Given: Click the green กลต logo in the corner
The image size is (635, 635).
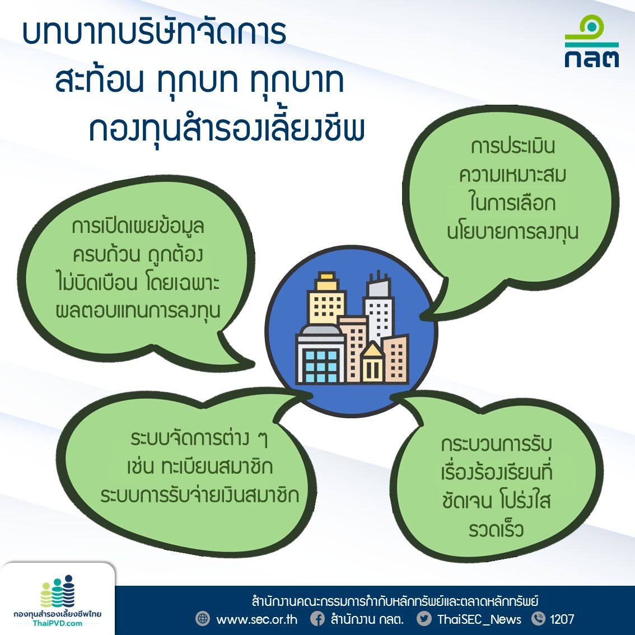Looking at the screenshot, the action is (592, 41).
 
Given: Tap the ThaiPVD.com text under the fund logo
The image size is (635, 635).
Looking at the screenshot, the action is (57, 623).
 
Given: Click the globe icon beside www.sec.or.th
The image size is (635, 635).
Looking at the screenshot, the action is (203, 619).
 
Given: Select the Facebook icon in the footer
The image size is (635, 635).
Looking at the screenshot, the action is (317, 619).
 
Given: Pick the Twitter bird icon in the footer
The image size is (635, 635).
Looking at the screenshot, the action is (424, 619).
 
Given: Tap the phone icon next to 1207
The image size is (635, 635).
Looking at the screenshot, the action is (538, 619).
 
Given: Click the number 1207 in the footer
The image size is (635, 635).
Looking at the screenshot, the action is (562, 619).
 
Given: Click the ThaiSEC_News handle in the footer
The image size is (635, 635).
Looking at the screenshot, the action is (479, 619).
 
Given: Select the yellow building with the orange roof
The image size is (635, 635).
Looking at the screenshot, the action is (326, 298).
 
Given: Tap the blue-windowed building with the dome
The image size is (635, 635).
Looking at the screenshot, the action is (320, 354).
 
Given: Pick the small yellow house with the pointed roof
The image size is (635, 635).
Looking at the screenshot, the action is (372, 362).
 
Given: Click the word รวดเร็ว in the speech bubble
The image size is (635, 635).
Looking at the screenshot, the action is (496, 529).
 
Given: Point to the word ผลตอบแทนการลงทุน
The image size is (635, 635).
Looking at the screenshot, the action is (138, 311).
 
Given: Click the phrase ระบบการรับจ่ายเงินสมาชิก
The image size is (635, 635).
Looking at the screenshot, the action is (200, 495).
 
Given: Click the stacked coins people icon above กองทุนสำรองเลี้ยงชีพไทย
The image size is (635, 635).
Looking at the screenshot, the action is (58, 591).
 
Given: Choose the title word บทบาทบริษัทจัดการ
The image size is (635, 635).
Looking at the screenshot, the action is (155, 32).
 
